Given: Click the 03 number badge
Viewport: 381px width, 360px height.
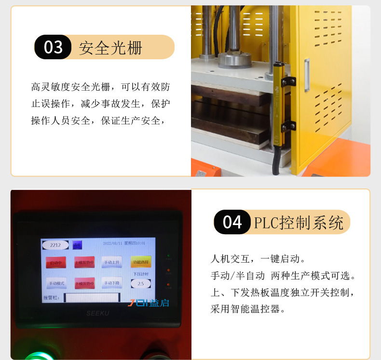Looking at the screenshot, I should tap(53, 47).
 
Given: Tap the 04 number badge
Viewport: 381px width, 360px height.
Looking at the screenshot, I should tap(232, 222).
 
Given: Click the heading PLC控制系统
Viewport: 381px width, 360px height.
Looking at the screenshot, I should tap(299, 223).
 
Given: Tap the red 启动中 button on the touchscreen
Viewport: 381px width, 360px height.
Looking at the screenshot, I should tap(56, 263).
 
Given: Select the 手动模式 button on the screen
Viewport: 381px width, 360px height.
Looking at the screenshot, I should tap(56, 283).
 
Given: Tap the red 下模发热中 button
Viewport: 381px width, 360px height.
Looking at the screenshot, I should tap(84, 283).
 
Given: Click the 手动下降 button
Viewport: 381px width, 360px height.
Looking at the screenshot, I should tap(112, 283).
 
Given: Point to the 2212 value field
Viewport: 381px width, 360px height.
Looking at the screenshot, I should tap(55, 245).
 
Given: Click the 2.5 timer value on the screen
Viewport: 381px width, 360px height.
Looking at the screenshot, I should tap(141, 284).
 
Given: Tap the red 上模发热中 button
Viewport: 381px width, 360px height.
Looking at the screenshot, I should tap(84, 263).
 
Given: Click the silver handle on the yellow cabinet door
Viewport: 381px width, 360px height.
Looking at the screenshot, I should tap(307, 75).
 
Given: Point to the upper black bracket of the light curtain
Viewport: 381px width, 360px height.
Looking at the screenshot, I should tap(288, 77).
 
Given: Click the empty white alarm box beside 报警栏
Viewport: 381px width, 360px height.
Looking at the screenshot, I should tap(92, 297).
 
